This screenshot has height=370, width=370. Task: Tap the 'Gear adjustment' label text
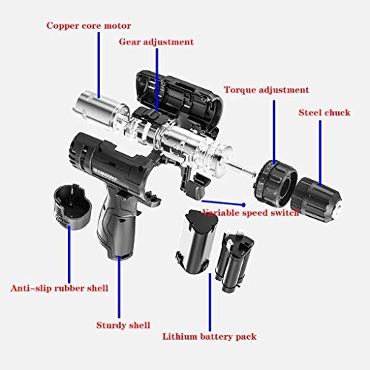(156, 42)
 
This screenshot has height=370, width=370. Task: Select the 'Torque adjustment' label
(266, 90)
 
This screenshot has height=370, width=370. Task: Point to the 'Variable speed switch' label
(252, 212)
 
